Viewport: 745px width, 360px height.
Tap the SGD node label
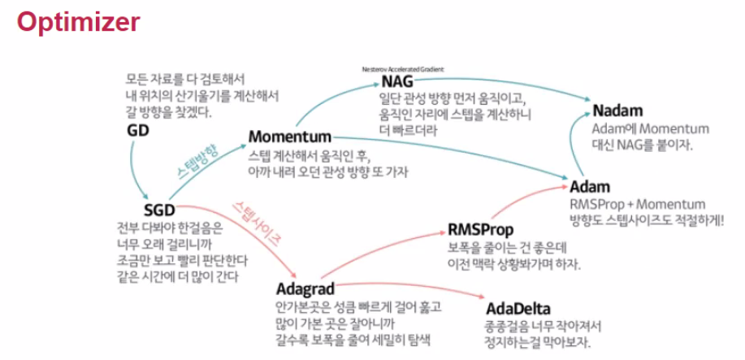[x=149, y=210]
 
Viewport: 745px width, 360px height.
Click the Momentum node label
[x=289, y=136]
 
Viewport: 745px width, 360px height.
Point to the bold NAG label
[x=397, y=83]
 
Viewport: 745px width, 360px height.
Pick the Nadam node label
[x=617, y=111]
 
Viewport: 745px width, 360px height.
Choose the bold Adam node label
[x=590, y=187]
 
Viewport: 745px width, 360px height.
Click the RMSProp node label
[x=481, y=228]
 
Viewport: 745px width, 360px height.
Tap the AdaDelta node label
[x=518, y=309]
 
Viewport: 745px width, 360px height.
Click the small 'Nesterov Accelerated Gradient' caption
[x=402, y=70]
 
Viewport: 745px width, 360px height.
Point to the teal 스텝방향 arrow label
[x=197, y=163]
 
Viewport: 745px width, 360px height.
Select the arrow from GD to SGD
[x=135, y=171]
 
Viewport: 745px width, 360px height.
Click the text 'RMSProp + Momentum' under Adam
[x=638, y=204]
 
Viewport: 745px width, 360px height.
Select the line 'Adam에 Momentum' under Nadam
[x=651, y=128]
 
